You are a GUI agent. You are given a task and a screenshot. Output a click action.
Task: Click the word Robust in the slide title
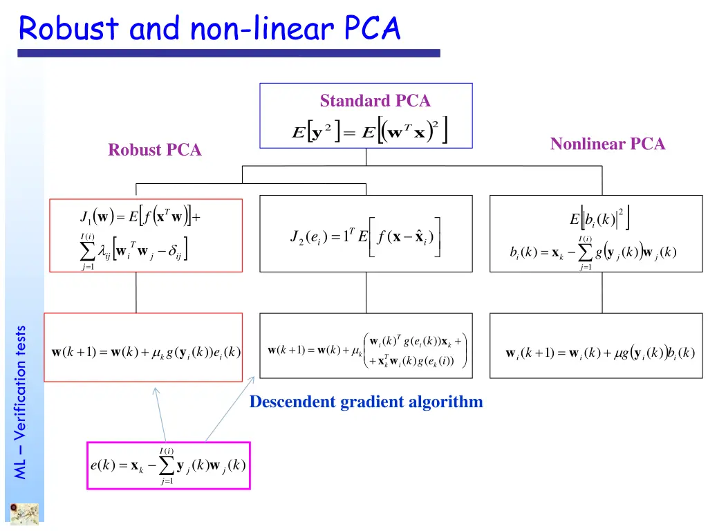coord(68,29)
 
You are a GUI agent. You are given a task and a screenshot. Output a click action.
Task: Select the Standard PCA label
coord(375,101)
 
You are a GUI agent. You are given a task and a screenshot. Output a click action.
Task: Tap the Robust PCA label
coord(155,150)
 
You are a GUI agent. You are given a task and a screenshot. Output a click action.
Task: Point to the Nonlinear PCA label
coord(607,144)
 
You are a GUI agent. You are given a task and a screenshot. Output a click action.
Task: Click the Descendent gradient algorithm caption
coord(366,402)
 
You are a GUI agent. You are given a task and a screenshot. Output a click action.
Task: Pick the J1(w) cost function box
coord(145,235)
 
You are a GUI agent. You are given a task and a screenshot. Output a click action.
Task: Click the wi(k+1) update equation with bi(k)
coord(599,353)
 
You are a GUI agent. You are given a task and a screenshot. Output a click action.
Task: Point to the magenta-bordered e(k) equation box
coord(168,465)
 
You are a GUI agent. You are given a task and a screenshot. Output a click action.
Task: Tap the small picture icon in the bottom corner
coord(24,514)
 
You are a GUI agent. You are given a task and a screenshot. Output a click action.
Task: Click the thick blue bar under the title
coord(228,53)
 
